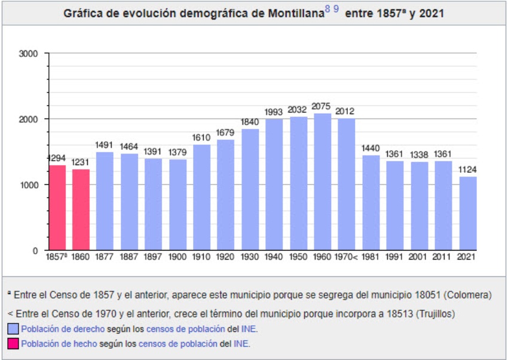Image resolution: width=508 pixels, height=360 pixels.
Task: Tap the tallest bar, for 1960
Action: (322, 182)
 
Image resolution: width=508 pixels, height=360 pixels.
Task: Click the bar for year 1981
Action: (371, 203)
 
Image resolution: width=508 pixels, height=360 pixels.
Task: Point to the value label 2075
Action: (321, 107)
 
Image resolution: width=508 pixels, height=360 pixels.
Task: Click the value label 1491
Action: (105, 145)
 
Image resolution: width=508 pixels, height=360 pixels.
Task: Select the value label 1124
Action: (467, 170)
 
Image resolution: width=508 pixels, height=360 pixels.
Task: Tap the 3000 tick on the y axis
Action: (29, 53)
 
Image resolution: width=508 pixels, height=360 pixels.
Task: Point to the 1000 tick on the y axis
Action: (29, 185)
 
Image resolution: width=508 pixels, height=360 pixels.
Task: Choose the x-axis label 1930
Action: (250, 257)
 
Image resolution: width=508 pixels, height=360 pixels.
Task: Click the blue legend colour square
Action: (13, 329)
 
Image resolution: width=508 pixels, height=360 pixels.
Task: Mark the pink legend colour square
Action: (13, 344)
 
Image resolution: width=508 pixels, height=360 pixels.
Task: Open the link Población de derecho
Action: (63, 329)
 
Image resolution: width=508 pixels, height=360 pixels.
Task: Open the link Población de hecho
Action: (58, 344)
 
